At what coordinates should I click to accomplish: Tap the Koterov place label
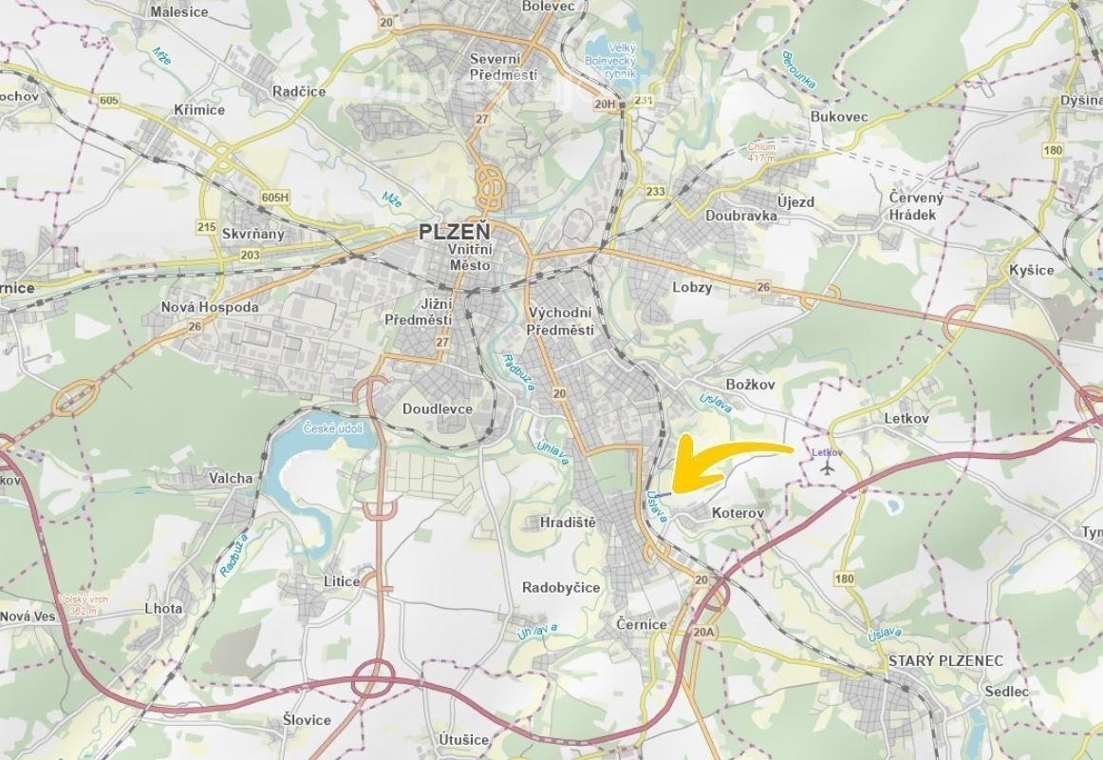(x=738, y=513)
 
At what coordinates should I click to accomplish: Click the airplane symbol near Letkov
(x=829, y=467)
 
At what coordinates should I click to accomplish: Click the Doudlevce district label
(x=437, y=408)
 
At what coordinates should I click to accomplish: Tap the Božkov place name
(x=750, y=384)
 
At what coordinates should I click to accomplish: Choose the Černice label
(x=642, y=624)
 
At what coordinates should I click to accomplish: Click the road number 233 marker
(x=655, y=191)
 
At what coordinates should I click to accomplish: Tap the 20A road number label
(x=703, y=632)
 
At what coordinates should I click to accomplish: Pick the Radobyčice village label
(x=561, y=587)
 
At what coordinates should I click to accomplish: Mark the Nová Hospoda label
(x=210, y=308)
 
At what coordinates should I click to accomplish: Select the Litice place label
(x=342, y=581)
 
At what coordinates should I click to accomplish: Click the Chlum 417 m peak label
(x=761, y=152)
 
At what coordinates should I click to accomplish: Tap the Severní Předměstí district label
(x=504, y=66)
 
